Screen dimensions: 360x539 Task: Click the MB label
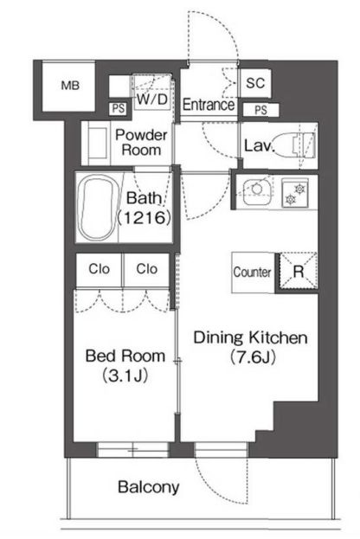70,86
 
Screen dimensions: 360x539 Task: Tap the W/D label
152,99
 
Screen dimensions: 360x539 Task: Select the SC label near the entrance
255,83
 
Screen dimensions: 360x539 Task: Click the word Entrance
209,105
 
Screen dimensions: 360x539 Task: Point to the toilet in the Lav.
304,144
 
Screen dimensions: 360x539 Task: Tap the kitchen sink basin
256,189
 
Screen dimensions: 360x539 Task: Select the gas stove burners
295,193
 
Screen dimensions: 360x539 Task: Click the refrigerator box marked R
298,273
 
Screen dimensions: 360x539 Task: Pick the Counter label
252,273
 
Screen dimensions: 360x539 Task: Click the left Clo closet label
99,269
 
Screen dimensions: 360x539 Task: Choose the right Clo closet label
147,269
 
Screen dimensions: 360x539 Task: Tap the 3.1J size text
125,375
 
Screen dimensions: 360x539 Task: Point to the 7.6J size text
253,357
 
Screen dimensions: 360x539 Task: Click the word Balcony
149,487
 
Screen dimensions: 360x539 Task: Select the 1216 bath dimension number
144,217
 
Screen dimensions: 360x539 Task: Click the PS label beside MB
119,109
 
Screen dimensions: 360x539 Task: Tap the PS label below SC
260,110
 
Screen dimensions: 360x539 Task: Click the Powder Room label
141,142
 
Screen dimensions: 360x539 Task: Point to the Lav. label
259,145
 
